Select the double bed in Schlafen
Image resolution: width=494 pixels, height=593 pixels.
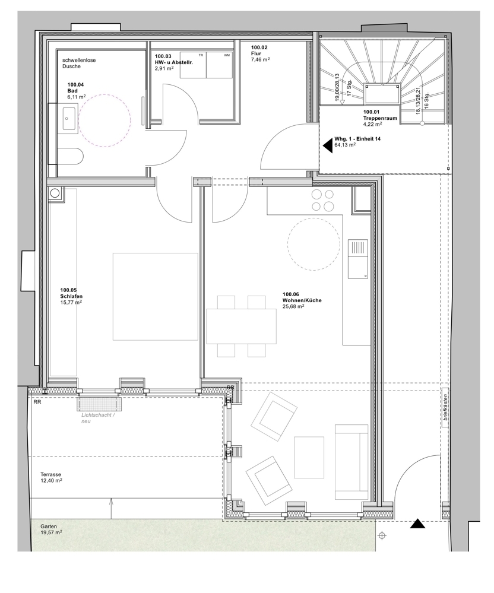click(x=155, y=296)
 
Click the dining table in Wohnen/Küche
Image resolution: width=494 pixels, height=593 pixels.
click(x=241, y=326)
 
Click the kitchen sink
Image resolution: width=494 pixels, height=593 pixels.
click(x=358, y=259)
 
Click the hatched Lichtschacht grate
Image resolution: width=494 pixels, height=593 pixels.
click(x=99, y=404)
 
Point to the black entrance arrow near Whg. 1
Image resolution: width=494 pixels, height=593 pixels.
click(x=327, y=144)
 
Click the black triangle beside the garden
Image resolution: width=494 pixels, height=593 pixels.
click(x=418, y=524)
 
